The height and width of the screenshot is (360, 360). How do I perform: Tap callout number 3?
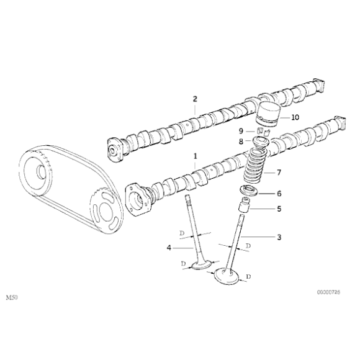[279, 237]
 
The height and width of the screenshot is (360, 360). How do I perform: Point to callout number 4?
[168, 248]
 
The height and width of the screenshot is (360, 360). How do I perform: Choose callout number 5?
[279, 209]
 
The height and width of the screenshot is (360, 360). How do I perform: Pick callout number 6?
[279, 193]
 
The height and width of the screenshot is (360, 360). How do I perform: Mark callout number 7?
[279, 172]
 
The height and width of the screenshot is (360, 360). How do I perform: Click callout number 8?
[241, 142]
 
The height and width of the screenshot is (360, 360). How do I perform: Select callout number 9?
[241, 131]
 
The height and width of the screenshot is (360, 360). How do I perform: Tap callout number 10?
[294, 116]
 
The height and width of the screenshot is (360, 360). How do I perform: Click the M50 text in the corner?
[11, 298]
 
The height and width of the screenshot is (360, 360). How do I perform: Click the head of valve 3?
[227, 276]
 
